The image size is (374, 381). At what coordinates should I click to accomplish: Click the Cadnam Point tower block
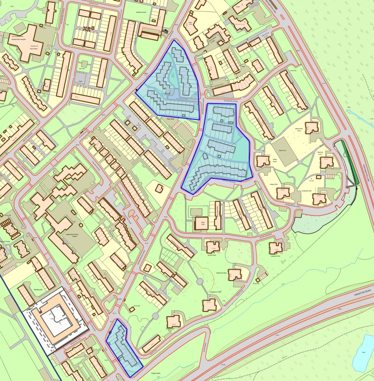[x=276, y=248]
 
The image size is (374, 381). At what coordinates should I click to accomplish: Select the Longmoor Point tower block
[x=210, y=304]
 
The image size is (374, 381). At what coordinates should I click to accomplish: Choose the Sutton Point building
[x=212, y=246]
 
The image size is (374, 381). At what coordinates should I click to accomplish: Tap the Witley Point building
[x=263, y=162]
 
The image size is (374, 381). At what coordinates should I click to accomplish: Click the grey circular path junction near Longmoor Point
[x=200, y=281]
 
